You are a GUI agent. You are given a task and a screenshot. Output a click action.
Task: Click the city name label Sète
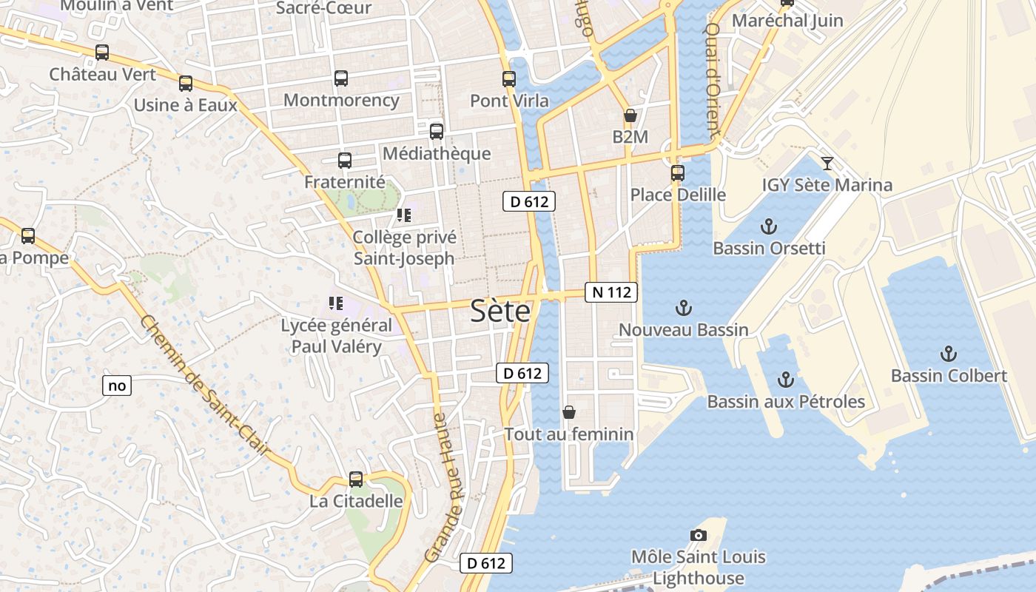click(x=500, y=312)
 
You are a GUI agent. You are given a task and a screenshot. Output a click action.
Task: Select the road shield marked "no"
click(x=117, y=386)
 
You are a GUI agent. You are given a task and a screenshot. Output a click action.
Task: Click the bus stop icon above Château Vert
click(x=102, y=53)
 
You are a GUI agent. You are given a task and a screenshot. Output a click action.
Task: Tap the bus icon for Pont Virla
click(x=509, y=79)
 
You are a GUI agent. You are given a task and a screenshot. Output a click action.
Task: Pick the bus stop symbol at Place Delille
click(x=678, y=173)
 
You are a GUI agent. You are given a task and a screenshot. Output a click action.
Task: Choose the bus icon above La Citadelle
click(x=356, y=480)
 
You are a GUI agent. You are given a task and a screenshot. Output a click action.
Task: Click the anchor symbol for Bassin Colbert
click(x=948, y=354)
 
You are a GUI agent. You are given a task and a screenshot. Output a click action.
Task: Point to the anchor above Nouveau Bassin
click(x=684, y=308)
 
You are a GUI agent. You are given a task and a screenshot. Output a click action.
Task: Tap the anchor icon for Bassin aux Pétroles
click(x=786, y=380)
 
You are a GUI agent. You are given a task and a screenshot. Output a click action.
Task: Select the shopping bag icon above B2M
click(x=630, y=115)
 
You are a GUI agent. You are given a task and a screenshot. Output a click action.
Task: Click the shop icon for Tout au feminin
click(x=569, y=412)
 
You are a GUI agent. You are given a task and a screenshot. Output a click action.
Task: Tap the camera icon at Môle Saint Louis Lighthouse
click(x=698, y=535)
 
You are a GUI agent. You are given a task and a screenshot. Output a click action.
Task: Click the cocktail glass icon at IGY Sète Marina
click(x=827, y=164)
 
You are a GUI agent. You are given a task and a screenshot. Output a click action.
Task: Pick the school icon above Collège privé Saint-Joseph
click(x=403, y=215)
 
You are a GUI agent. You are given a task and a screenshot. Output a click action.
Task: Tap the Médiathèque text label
click(x=437, y=153)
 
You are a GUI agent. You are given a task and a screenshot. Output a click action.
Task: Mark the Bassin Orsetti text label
click(x=769, y=248)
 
